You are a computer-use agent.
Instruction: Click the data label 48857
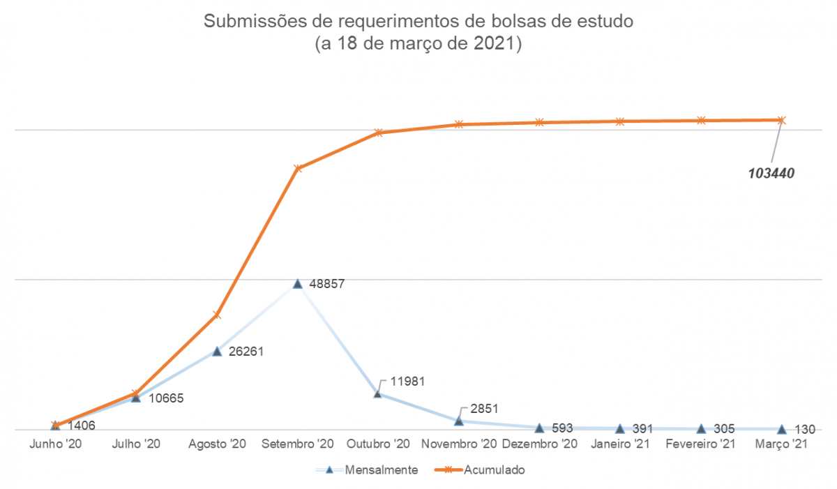[x=326, y=285]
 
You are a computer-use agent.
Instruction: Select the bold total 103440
[x=771, y=172]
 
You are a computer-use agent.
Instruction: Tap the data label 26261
[x=246, y=352]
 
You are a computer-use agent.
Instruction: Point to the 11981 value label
[x=408, y=382]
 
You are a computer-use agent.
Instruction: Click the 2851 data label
[x=485, y=409]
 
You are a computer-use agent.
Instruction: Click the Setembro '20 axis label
[x=298, y=444]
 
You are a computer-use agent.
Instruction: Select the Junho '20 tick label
[x=55, y=444]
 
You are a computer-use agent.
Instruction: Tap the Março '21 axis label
[x=781, y=444]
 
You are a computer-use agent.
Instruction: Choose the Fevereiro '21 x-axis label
[x=700, y=444]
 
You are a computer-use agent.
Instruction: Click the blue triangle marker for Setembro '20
[x=298, y=284]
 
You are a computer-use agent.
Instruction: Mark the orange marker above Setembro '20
[x=298, y=168]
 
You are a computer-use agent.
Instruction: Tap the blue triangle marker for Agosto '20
[x=217, y=351]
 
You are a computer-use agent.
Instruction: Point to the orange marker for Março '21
[x=781, y=120]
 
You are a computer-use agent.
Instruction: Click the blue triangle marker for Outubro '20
[x=378, y=393]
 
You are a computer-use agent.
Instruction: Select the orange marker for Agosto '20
[x=217, y=315]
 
